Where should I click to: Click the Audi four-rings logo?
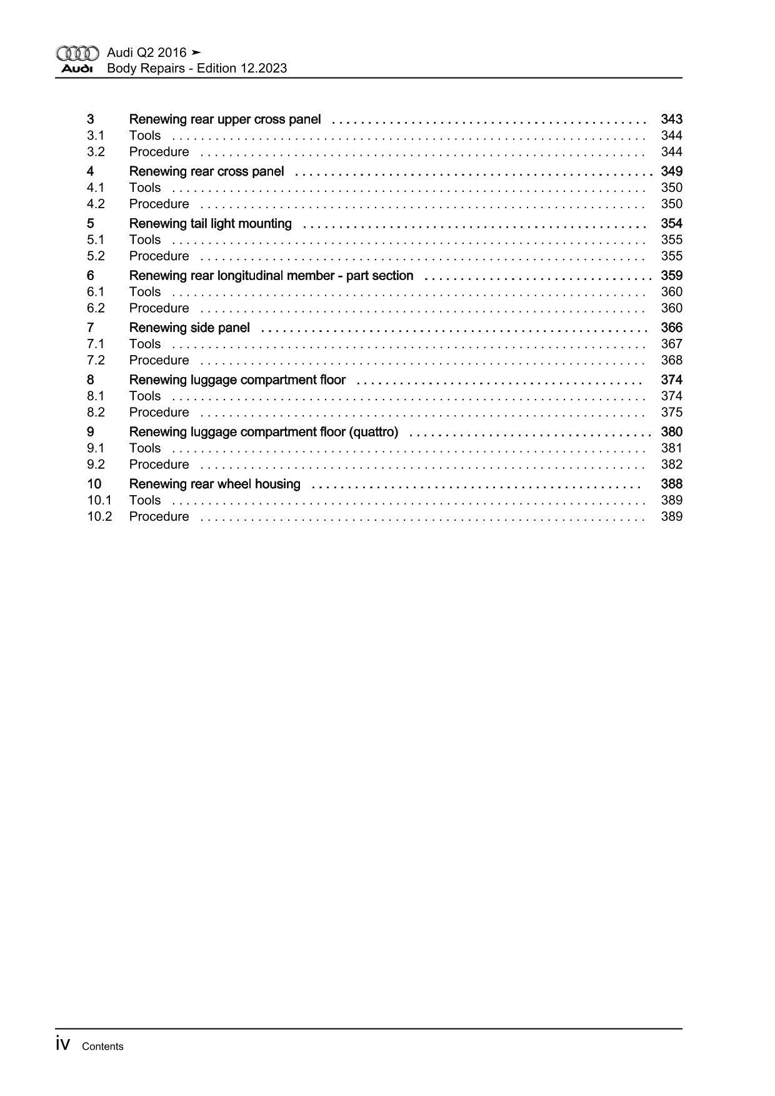(77, 53)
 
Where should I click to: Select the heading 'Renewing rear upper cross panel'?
(224, 119)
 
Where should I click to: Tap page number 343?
(671, 119)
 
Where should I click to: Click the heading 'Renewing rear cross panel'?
(206, 171)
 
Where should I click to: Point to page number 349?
(671, 171)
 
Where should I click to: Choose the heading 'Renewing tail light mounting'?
(210, 224)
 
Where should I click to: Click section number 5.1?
(96, 240)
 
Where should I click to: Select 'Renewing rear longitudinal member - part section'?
(271, 276)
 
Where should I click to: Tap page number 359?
(671, 276)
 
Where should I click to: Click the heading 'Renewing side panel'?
(189, 328)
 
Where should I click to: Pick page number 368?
(671, 360)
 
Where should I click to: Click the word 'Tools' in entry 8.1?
(145, 396)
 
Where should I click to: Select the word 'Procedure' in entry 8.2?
(159, 413)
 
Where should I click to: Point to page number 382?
(671, 465)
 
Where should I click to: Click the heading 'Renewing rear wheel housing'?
(214, 484)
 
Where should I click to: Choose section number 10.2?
(99, 516)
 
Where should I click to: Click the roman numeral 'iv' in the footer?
(63, 1043)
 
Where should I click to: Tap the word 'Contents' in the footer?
(102, 1047)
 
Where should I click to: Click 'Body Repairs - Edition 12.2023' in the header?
(197, 69)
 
